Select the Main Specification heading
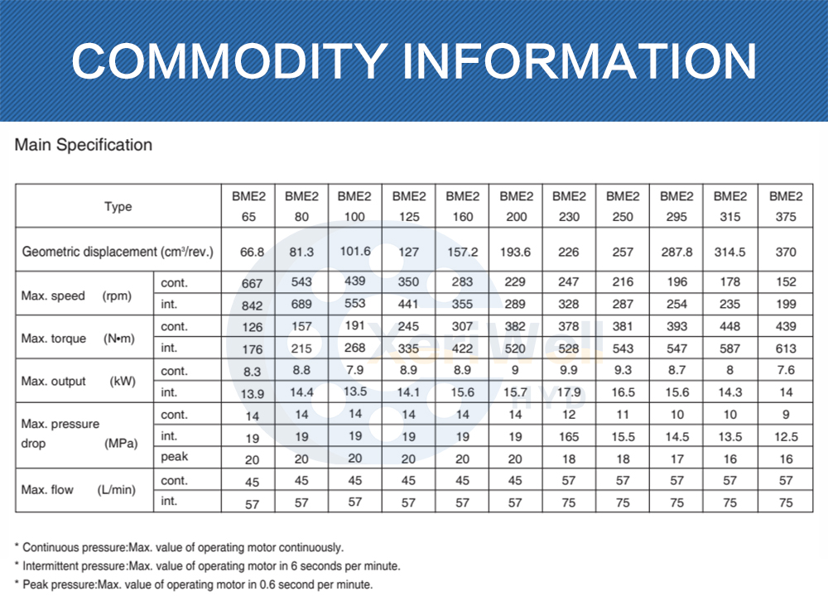(84, 145)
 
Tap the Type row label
(118, 207)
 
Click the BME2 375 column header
(786, 207)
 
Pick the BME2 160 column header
(463, 207)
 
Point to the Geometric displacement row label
(118, 252)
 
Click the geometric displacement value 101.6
(355, 252)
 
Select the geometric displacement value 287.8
(676, 252)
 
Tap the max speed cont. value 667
(252, 283)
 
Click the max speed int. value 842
(252, 305)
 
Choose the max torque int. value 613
(786, 348)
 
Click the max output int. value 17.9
(570, 392)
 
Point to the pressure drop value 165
(570, 436)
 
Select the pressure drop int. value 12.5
(786, 436)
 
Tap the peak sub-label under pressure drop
(175, 456)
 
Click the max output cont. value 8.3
(252, 371)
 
